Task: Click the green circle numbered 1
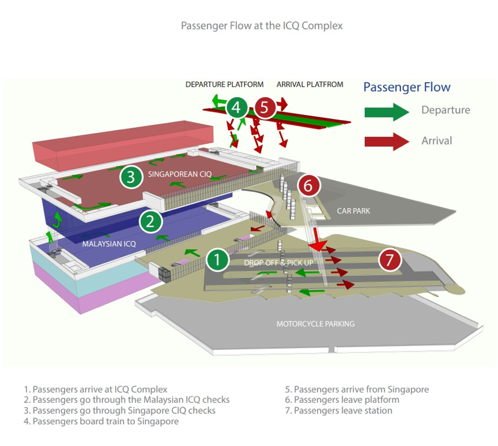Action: [217, 260]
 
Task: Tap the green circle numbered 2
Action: [150, 221]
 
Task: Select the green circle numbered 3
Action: [131, 177]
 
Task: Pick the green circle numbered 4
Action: [237, 107]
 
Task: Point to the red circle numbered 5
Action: [265, 107]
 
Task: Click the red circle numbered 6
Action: [308, 185]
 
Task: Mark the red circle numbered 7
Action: [390, 260]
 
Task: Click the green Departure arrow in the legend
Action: [386, 111]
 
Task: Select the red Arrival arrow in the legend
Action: [386, 141]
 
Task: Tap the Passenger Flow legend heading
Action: [407, 87]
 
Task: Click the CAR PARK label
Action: [353, 211]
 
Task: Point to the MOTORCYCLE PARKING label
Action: [315, 324]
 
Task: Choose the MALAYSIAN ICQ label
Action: [109, 244]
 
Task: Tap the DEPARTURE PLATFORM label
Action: [224, 85]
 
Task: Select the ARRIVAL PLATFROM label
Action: [310, 85]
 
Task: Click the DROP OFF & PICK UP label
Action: [278, 263]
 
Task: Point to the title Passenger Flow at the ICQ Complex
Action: [262, 26]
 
